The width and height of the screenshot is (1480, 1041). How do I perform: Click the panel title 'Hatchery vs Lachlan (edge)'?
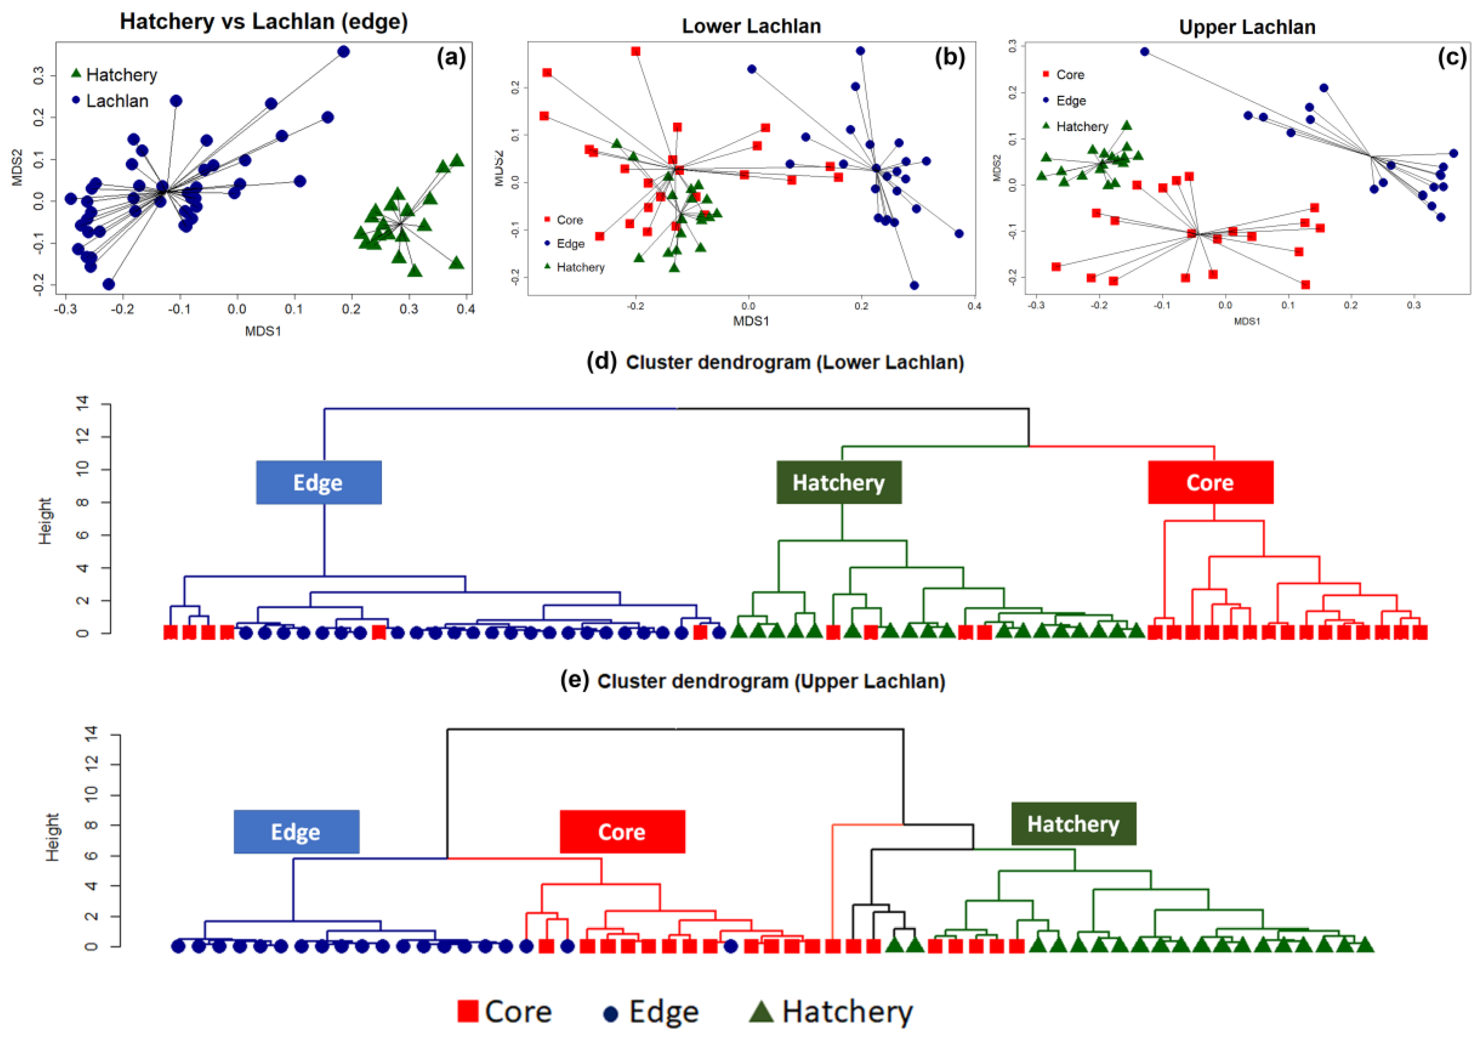tap(264, 22)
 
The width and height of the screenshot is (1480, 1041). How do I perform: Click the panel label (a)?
tap(450, 58)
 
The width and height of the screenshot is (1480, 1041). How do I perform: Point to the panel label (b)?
tap(949, 58)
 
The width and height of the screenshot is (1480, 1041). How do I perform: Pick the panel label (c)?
tap(1452, 58)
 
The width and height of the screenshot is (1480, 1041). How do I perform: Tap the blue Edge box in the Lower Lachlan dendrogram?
tap(318, 482)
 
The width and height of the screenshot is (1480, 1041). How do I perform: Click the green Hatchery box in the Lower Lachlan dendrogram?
tap(839, 482)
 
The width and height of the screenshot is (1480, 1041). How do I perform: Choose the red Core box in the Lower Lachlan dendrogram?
tap(1210, 482)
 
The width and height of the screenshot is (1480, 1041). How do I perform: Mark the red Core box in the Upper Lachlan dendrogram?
tap(622, 832)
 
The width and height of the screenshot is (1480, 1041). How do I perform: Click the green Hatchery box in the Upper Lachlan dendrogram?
tap(1073, 824)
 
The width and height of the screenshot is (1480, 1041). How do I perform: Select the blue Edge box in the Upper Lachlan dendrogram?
tap(296, 832)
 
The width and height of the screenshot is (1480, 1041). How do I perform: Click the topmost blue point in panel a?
tap(344, 52)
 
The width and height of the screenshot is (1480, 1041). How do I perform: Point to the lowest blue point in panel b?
tap(914, 285)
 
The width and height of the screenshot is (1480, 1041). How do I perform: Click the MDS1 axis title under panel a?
tap(263, 331)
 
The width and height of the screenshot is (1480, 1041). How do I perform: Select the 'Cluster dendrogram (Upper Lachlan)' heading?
tap(771, 681)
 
